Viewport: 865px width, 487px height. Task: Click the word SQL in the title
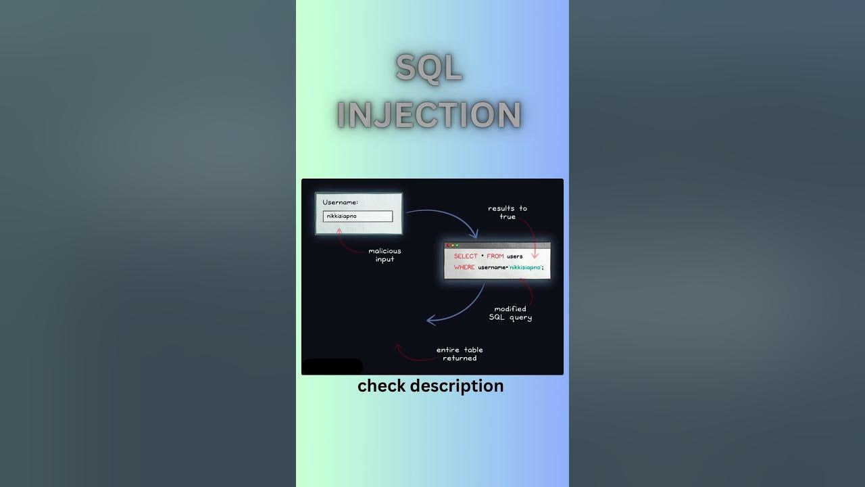pos(429,68)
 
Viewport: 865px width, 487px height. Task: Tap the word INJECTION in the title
pos(429,115)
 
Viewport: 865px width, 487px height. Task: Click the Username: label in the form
pos(340,202)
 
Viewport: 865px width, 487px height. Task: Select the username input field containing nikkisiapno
pos(357,216)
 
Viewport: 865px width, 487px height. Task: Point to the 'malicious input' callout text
pos(385,255)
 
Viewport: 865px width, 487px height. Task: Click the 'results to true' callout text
pos(508,212)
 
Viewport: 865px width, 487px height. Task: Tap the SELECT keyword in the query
pos(466,256)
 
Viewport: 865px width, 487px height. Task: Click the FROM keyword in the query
pos(495,256)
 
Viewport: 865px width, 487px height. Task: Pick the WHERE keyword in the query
pos(464,267)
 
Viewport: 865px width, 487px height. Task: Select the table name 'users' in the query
pos(515,256)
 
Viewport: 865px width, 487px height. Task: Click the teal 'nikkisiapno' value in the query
pos(525,267)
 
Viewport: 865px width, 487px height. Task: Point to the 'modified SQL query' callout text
pos(510,313)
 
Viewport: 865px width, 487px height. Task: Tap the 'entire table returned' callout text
pos(460,354)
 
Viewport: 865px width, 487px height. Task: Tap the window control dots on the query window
pos(452,245)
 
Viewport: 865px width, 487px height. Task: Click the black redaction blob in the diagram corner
pos(332,367)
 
